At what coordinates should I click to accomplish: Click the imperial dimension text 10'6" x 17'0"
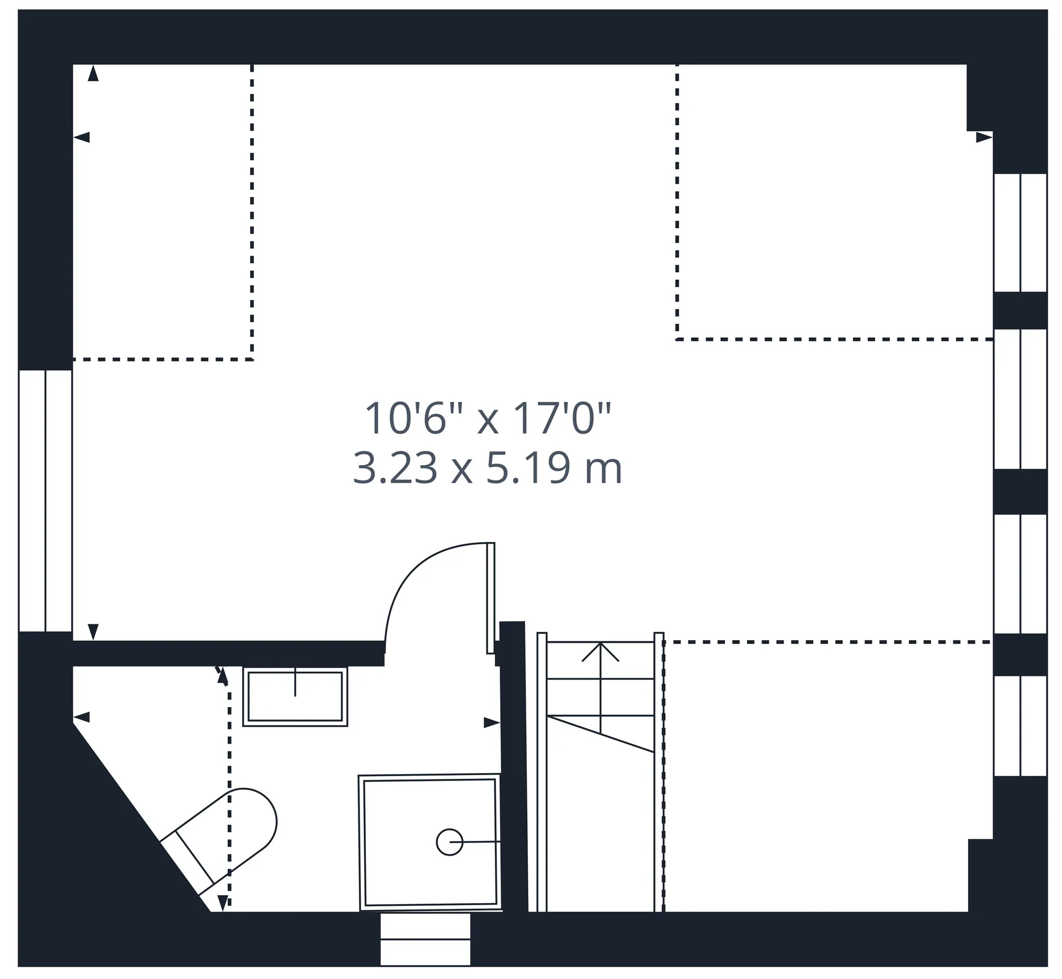(x=488, y=419)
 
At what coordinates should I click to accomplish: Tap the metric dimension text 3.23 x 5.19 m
(x=487, y=468)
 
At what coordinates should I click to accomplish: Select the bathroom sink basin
(x=295, y=697)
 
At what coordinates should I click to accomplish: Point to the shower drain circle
(x=450, y=843)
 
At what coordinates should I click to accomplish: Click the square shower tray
(x=430, y=843)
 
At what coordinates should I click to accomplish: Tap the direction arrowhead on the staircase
(x=601, y=651)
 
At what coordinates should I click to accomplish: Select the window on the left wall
(x=45, y=501)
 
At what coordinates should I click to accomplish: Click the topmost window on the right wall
(x=1020, y=233)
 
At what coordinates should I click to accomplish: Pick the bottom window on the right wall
(x=1020, y=726)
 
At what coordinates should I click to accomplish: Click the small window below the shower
(x=426, y=939)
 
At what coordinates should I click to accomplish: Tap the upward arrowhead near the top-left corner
(x=93, y=73)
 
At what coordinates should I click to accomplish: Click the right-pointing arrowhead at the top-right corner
(x=984, y=138)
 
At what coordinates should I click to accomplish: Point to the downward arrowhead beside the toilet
(x=223, y=903)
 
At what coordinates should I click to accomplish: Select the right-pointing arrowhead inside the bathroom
(x=492, y=723)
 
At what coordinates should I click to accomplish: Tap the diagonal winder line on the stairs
(x=601, y=734)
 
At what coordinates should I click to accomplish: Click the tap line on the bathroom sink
(x=295, y=682)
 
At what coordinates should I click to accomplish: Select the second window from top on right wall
(x=1020, y=399)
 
